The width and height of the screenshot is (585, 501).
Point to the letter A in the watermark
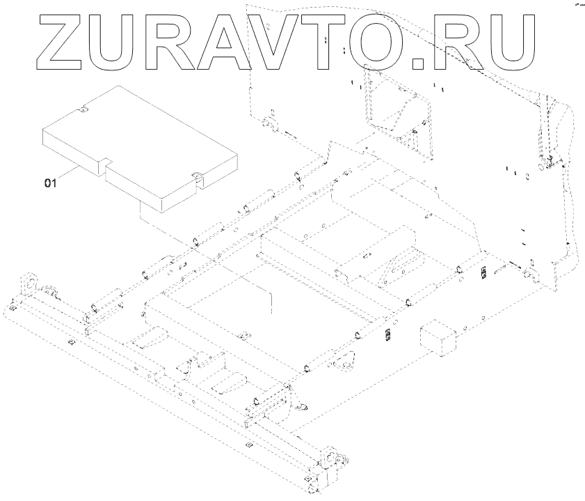coord(259,43)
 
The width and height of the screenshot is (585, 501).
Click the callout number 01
coord(50,183)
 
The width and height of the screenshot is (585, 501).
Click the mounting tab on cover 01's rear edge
coord(83,109)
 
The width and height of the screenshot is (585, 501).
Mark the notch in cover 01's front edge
coord(103,164)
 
